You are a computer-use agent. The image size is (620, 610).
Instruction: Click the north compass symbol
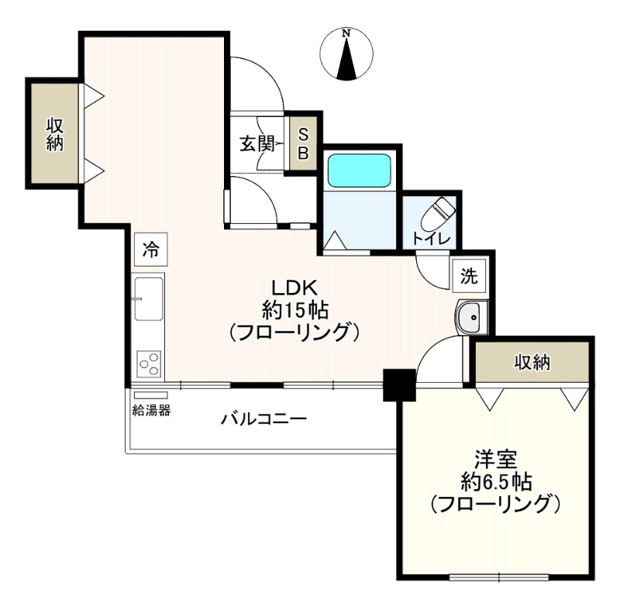pos(347,55)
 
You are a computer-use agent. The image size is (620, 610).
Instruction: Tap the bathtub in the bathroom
pos(358,170)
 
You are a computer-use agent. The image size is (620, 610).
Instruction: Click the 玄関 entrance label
pos(257,143)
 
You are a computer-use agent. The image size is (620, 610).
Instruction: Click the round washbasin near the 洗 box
pos(469,316)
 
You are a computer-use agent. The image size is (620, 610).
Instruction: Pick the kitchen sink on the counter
pos(148,298)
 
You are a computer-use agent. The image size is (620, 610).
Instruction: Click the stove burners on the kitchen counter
pos(148,362)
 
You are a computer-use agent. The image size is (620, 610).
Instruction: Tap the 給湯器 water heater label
pos(151,410)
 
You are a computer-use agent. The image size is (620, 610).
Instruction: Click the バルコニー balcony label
pos(263,419)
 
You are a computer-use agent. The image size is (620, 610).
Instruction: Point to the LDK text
pos(290,286)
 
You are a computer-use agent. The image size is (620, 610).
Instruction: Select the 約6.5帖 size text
pos(495,481)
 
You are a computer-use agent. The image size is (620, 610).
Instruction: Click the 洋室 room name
pos(495,457)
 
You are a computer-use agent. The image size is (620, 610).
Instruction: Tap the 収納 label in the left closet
pos(54,133)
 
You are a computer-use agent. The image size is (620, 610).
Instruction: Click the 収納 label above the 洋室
pos(532,361)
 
